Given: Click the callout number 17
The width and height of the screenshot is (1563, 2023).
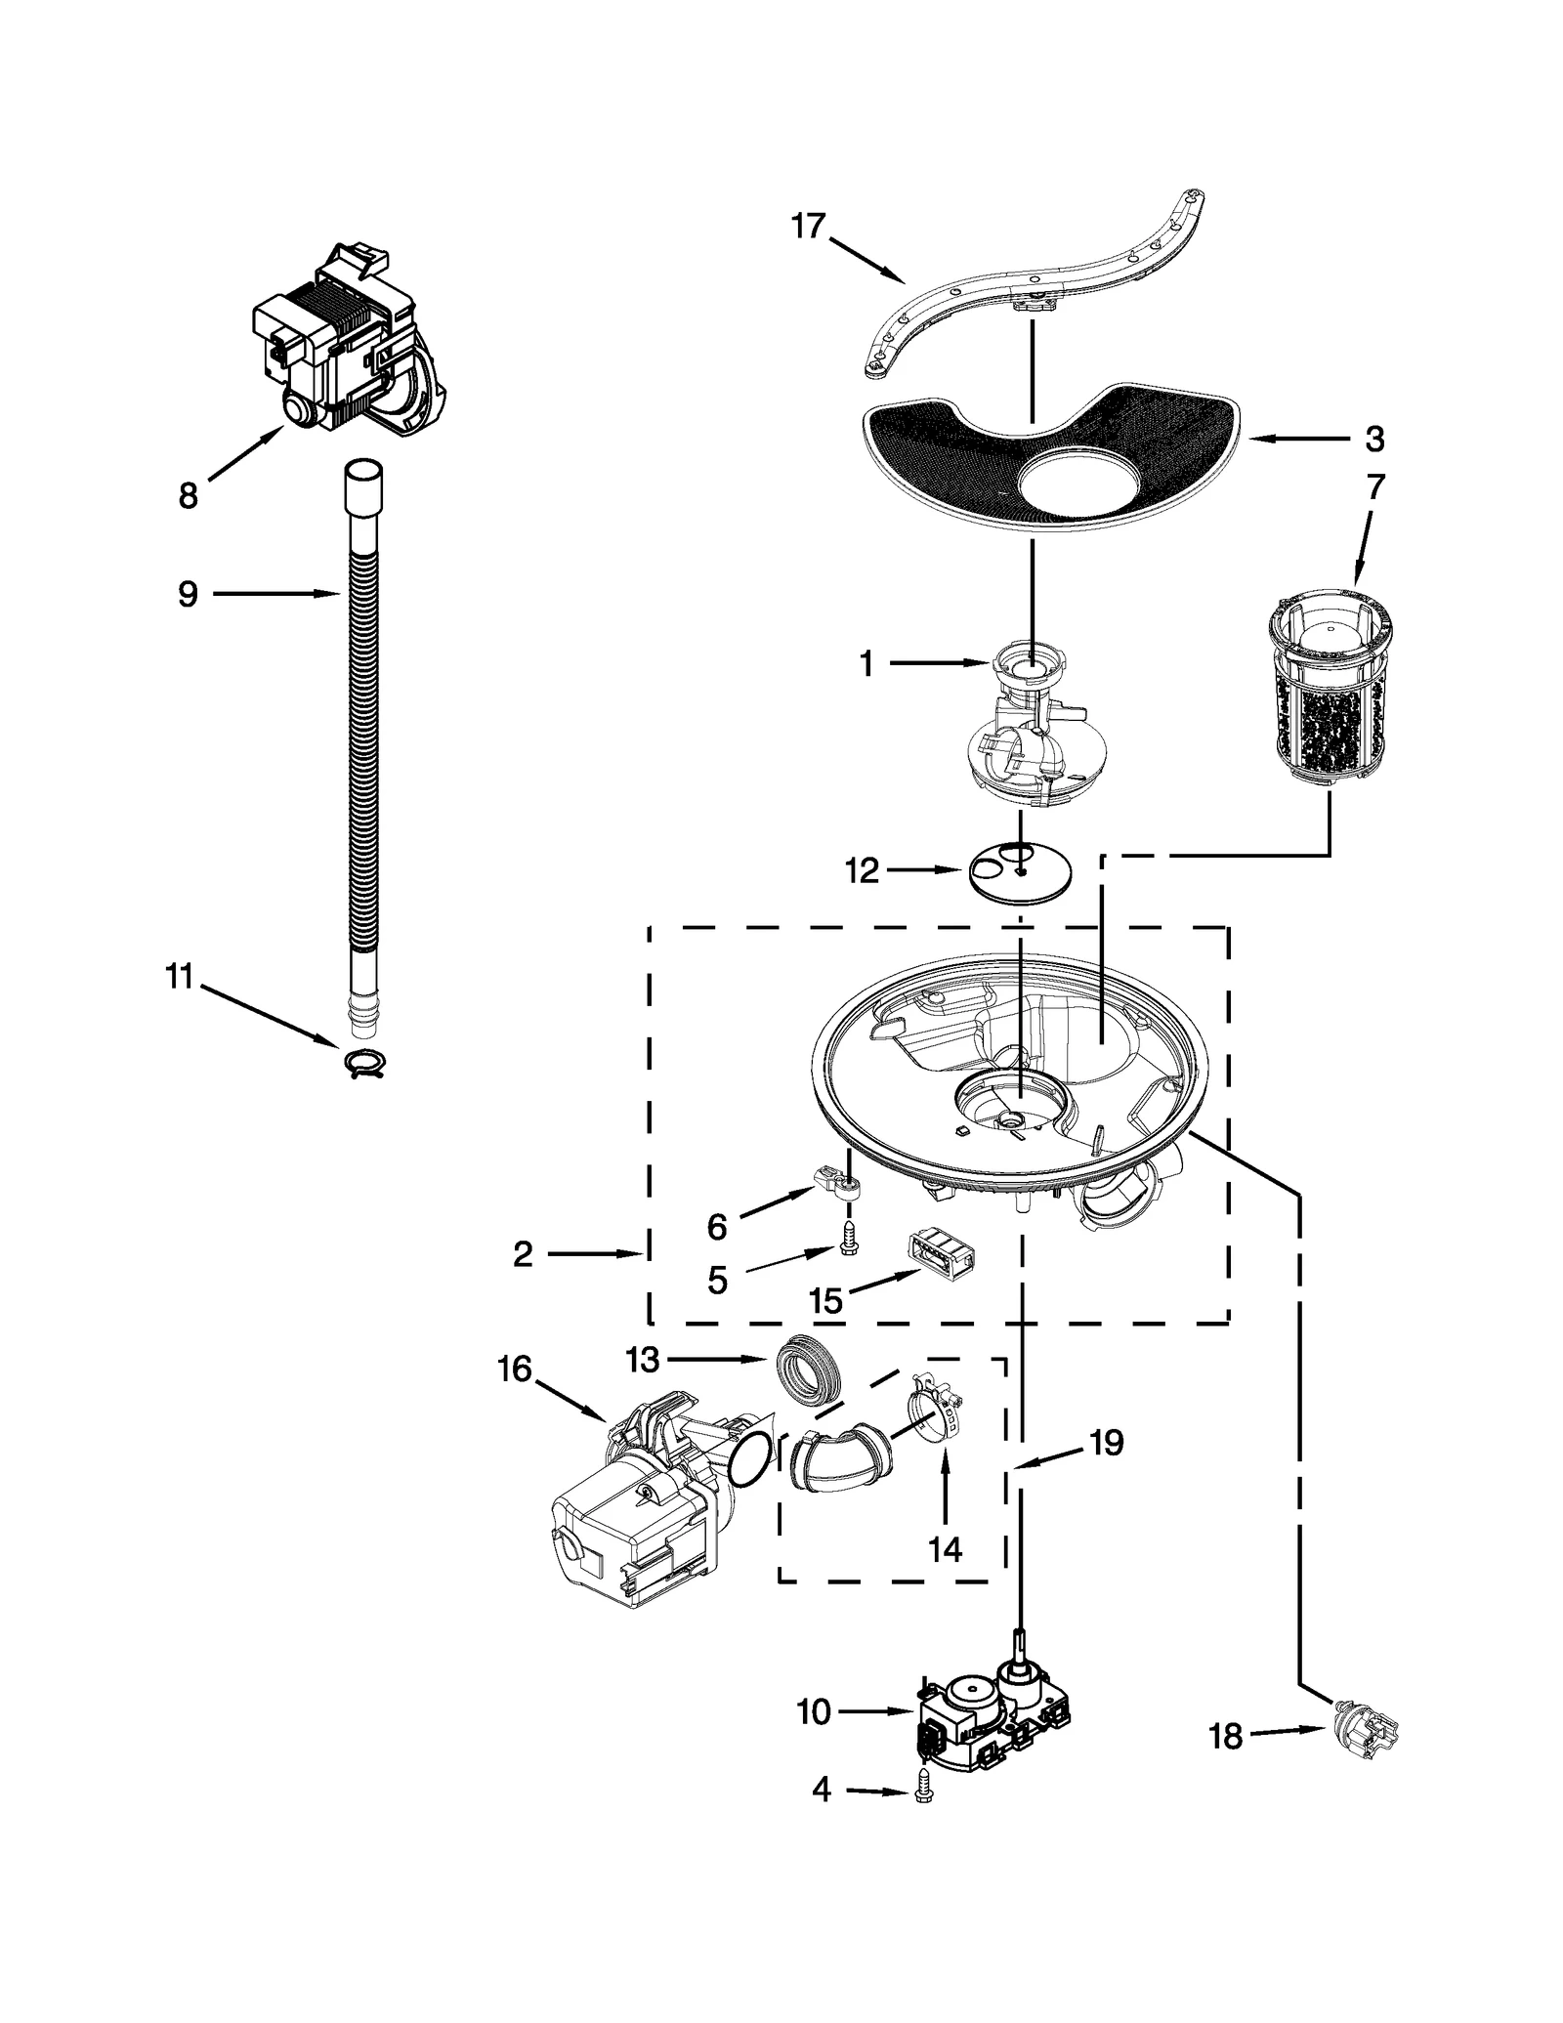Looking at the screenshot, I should pyautogui.click(x=808, y=227).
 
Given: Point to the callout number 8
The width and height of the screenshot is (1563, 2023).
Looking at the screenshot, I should pyautogui.click(x=189, y=495).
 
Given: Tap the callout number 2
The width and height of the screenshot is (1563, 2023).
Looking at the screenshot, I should pyautogui.click(x=523, y=1254).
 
